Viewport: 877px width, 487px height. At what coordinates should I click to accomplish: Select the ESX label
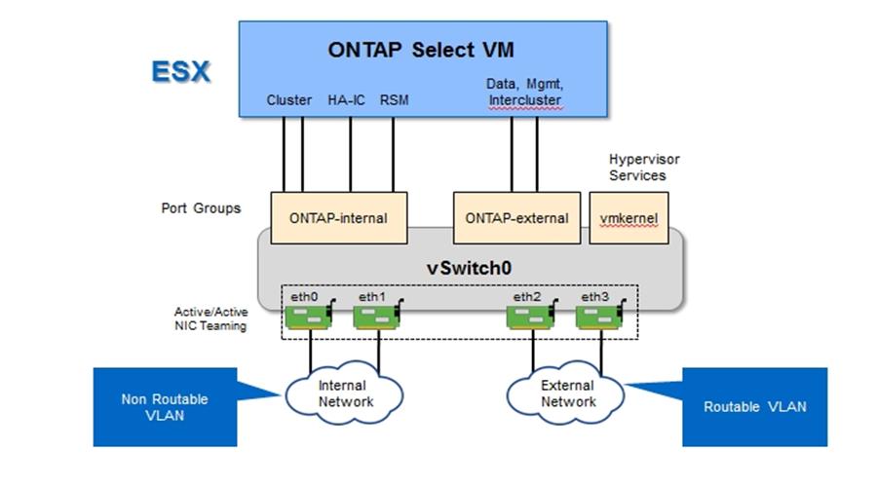click(x=180, y=71)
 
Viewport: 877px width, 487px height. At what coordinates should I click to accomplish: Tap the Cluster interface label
click(x=289, y=100)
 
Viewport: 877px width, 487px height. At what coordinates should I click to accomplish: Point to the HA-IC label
click(x=345, y=100)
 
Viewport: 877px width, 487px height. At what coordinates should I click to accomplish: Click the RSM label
click(x=394, y=100)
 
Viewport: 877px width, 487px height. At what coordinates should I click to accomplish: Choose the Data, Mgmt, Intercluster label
click(x=525, y=93)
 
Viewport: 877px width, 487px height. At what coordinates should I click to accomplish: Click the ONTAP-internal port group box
click(x=337, y=218)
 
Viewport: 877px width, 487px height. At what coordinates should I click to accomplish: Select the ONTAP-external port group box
click(x=517, y=218)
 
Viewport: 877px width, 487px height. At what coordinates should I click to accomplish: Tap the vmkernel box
click(x=629, y=218)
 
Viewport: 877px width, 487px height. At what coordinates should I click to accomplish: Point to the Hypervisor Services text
click(x=638, y=167)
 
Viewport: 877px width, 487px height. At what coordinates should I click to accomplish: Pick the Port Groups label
click(x=201, y=208)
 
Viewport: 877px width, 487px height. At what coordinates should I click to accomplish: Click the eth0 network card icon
click(x=311, y=316)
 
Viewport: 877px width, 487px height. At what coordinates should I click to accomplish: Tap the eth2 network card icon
click(x=533, y=316)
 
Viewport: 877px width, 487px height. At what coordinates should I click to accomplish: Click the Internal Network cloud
click(x=343, y=393)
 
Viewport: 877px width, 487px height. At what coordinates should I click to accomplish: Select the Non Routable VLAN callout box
click(x=165, y=406)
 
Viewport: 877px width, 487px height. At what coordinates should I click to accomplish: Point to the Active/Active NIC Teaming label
click(x=205, y=319)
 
